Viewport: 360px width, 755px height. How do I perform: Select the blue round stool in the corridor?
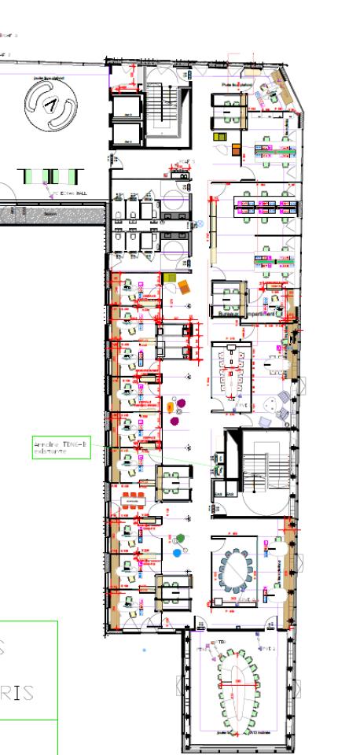point(177,553)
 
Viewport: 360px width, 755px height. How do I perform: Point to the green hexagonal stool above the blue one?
point(181,538)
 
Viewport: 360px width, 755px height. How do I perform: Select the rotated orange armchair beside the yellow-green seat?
point(184,285)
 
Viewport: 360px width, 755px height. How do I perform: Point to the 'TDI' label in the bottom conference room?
point(222,642)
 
